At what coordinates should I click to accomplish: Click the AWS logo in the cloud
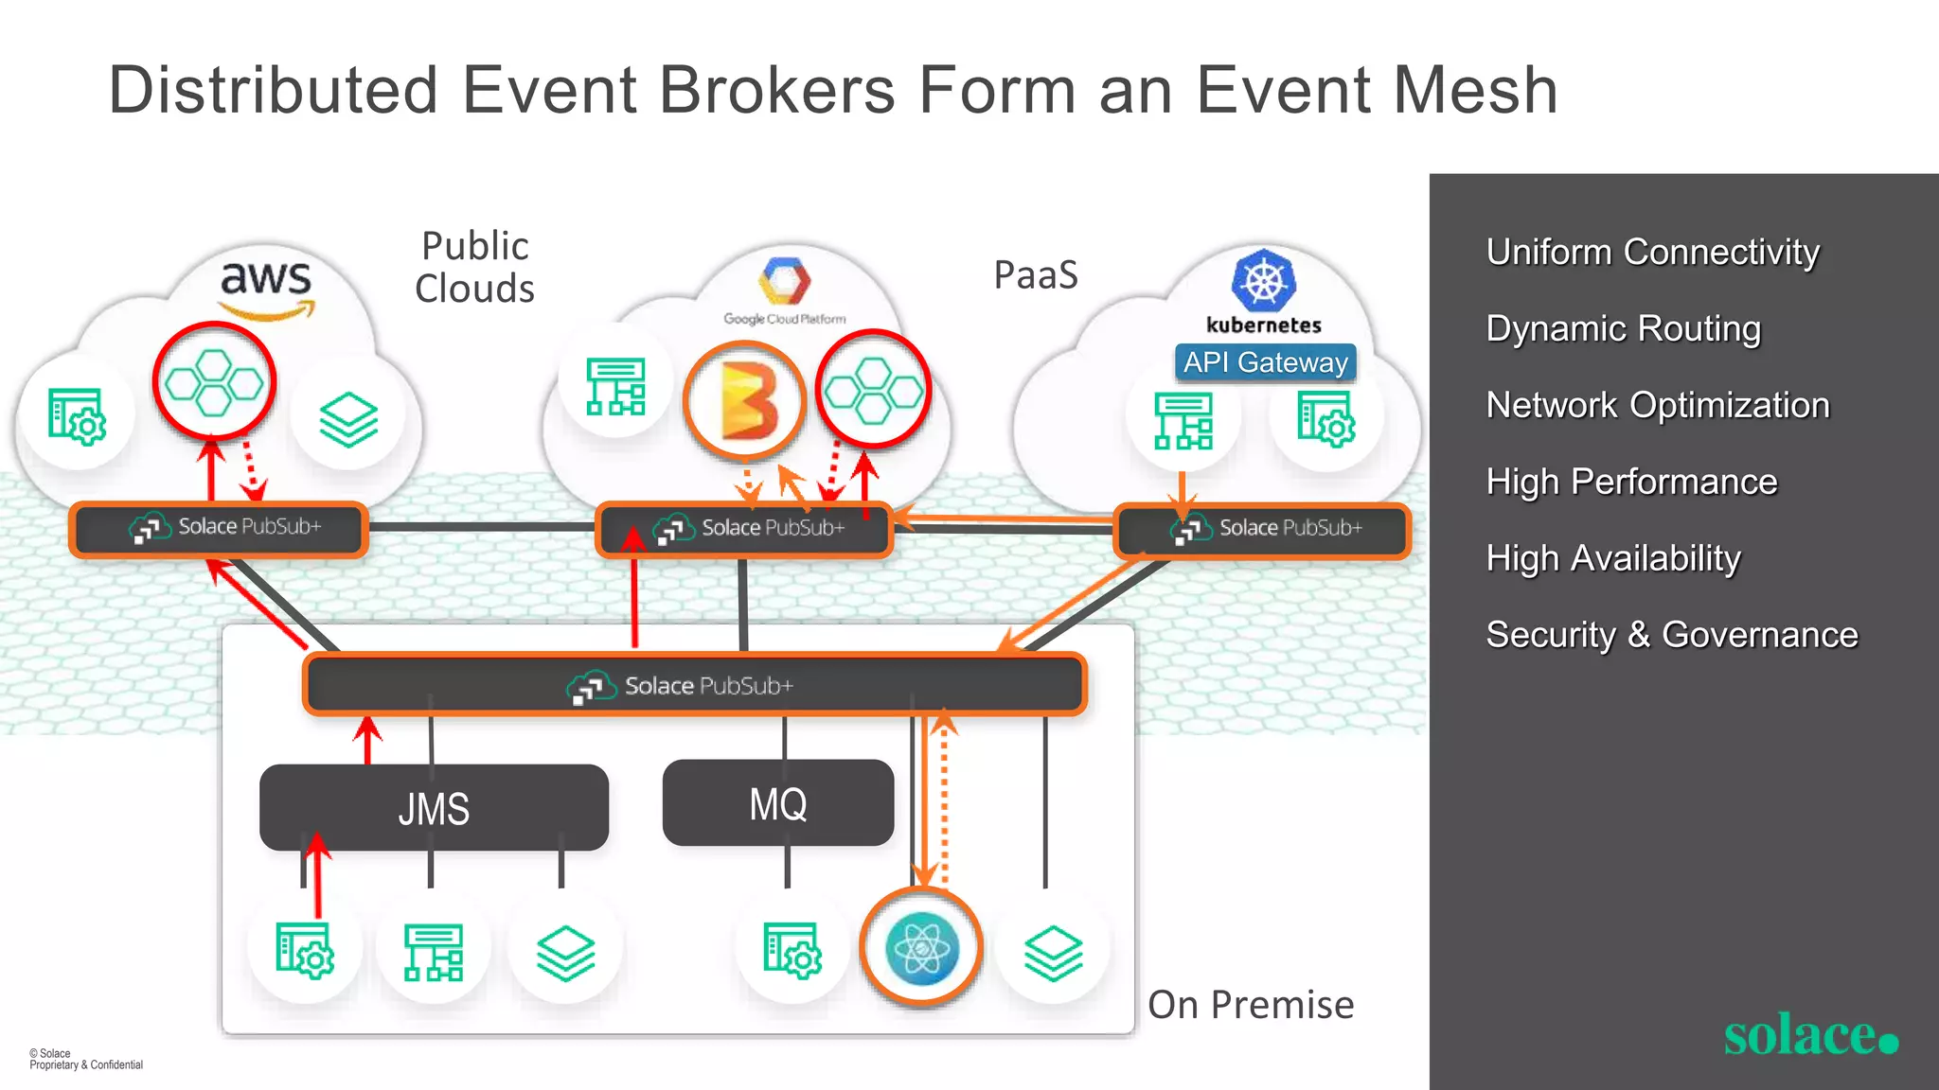266,288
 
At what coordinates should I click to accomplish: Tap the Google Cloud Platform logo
785,281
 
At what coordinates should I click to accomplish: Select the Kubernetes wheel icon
1263,280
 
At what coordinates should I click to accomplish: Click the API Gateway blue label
1265,362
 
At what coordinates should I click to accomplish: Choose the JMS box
434,808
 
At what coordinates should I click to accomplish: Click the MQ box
777,803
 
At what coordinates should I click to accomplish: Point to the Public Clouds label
474,267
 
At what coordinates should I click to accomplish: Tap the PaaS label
1036,275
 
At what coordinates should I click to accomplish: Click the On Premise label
1250,1005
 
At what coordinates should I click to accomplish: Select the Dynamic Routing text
1623,328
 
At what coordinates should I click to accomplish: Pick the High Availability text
1612,558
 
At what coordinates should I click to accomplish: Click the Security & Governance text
1671,635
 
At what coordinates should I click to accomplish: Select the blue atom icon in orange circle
921,948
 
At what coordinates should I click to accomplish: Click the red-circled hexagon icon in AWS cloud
214,381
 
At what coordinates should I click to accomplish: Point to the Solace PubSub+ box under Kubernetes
1262,529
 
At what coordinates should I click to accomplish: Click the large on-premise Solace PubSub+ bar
694,684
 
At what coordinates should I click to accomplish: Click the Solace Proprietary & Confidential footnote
85,1059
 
